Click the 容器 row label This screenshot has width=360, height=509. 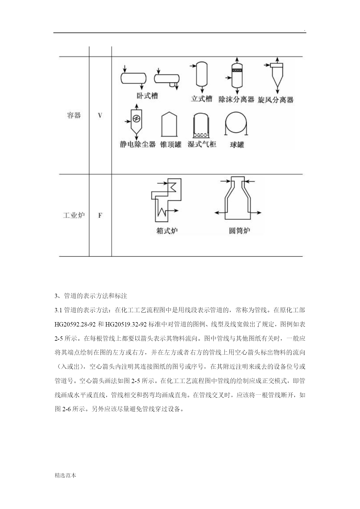(74, 115)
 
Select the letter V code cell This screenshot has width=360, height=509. (100, 115)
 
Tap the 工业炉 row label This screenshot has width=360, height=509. (74, 215)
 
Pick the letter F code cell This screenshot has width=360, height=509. (100, 215)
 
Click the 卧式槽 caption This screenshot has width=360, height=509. (147, 96)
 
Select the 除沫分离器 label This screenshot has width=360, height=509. (236, 100)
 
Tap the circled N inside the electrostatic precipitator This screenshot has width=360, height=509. (136, 118)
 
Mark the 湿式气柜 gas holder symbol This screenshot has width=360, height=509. (201, 125)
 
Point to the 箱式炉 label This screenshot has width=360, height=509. (167, 231)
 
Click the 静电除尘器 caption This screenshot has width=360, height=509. (138, 144)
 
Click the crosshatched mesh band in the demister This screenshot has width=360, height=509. (237, 71)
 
